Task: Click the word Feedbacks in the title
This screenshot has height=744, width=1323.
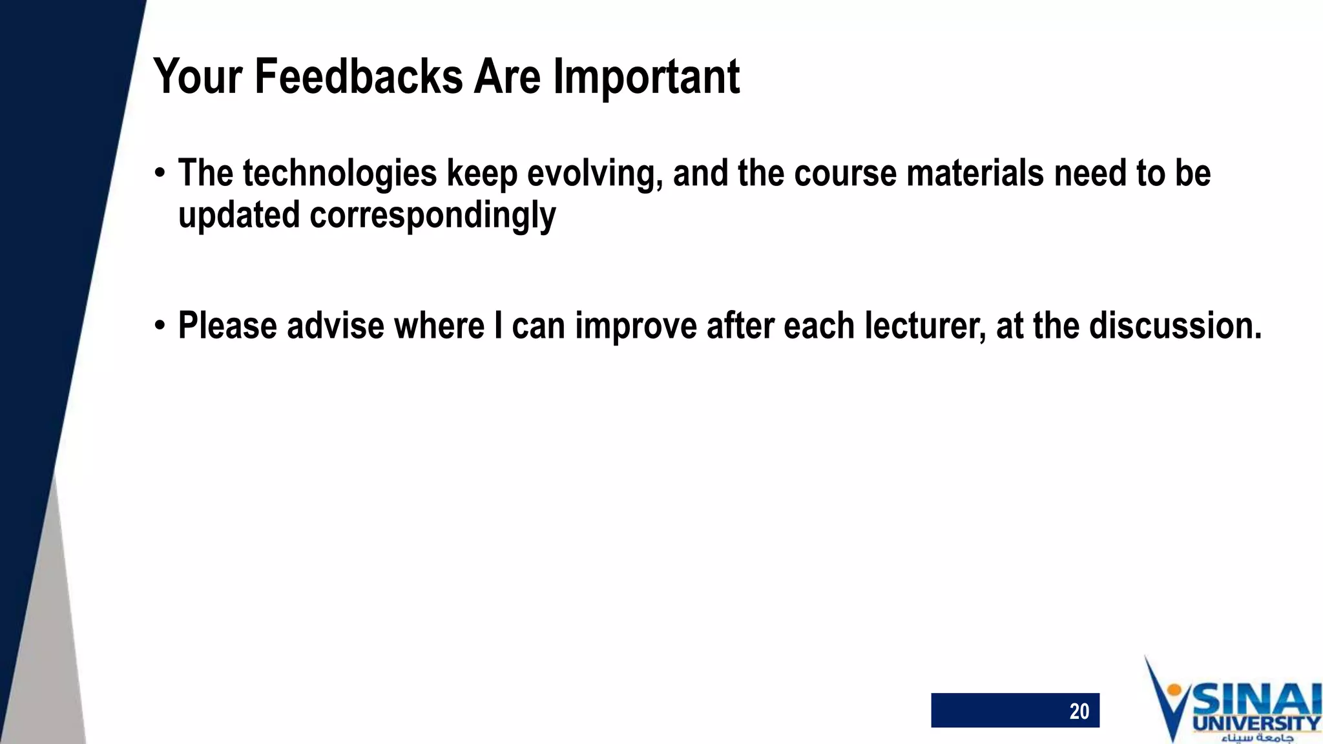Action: pyautogui.click(x=359, y=76)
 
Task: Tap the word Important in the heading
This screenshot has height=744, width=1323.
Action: pyautogui.click(x=646, y=77)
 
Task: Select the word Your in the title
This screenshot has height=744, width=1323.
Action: pyautogui.click(x=198, y=76)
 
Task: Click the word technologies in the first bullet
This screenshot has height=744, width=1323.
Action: pyautogui.click(x=340, y=174)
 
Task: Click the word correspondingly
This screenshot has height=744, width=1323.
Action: pyautogui.click(x=432, y=216)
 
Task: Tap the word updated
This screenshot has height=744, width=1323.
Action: pyautogui.click(x=238, y=216)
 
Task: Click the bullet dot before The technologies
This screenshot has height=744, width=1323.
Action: pyautogui.click(x=160, y=174)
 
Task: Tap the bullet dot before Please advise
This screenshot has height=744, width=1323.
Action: pyautogui.click(x=160, y=326)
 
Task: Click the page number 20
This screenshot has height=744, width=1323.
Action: pyautogui.click(x=1079, y=711)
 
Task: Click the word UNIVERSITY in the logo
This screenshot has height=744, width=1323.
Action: pyautogui.click(x=1256, y=723)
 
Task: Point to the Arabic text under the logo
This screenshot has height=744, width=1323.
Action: pyautogui.click(x=1256, y=738)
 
